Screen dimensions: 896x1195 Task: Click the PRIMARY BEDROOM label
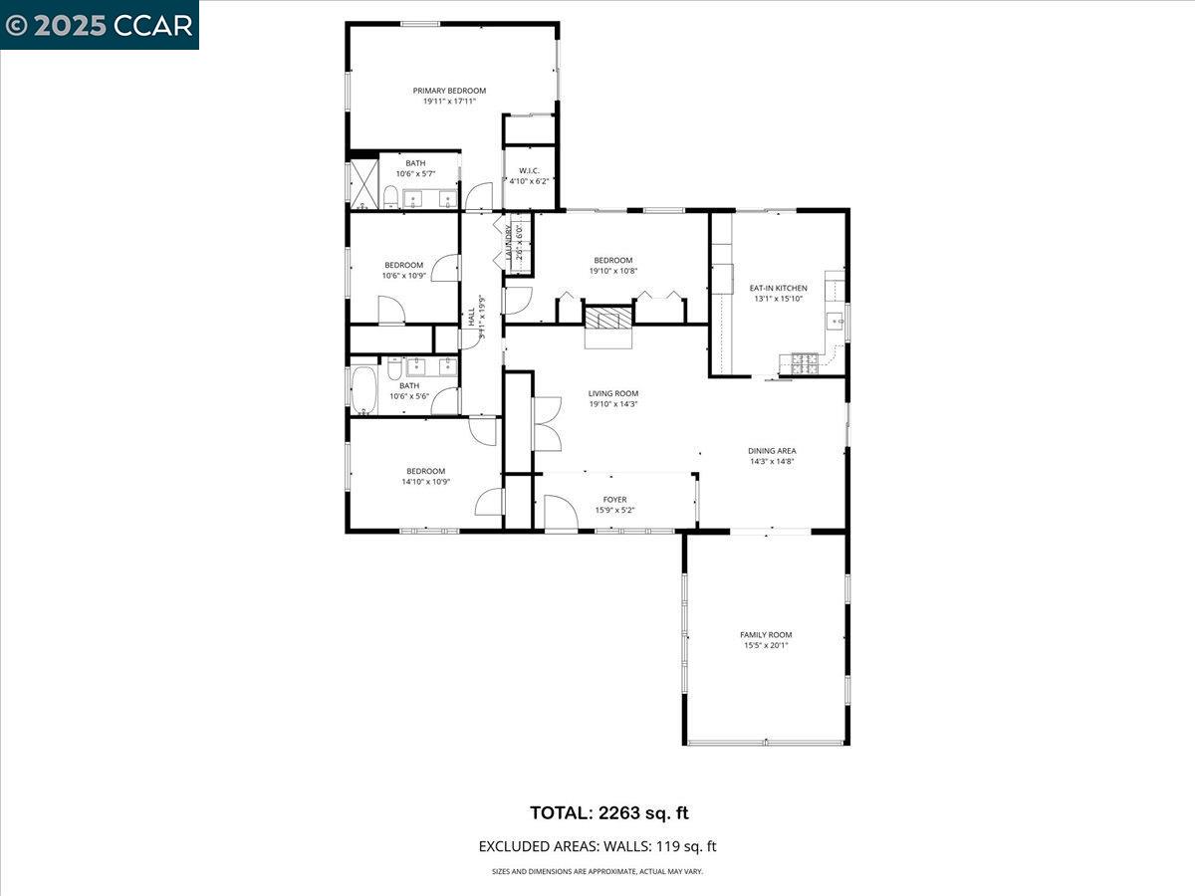[449, 91]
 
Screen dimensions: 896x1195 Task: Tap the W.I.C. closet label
[529, 170]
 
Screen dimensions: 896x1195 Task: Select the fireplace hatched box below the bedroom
[607, 319]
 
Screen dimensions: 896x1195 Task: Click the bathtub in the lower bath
[364, 390]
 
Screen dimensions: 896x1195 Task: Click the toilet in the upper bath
[392, 196]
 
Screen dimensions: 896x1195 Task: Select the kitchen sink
[835, 322]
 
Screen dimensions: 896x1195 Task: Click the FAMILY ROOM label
[766, 634]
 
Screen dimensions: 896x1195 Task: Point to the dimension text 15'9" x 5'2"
[614, 510]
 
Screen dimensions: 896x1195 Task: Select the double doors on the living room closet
[547, 423]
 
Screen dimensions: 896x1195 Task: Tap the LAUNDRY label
[509, 242]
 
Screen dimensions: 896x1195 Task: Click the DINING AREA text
[772, 450]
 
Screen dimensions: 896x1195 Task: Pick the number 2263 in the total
[621, 812]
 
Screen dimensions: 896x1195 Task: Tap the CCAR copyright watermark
[99, 25]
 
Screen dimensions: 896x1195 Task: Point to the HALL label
[471, 317]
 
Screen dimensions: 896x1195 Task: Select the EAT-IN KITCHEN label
[778, 288]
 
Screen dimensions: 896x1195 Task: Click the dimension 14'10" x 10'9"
[425, 482]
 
